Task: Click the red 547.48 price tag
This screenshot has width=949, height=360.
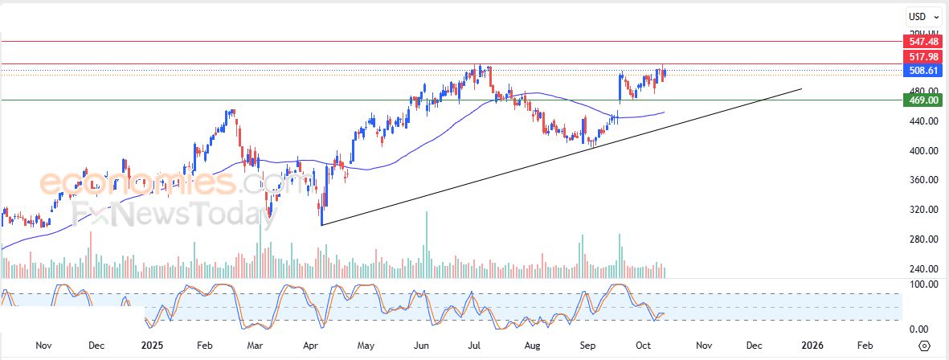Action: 919,40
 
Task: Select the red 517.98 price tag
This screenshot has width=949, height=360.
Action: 919,56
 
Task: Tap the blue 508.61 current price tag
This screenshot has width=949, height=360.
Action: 919,71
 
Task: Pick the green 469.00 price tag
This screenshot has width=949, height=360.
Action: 919,100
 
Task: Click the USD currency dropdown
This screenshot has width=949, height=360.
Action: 920,17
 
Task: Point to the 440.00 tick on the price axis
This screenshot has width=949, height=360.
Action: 919,121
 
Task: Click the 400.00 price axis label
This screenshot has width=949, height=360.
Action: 919,151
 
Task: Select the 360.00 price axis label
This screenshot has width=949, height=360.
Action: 919,180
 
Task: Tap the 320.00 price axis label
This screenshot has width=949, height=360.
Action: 919,210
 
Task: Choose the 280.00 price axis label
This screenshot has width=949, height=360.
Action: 919,239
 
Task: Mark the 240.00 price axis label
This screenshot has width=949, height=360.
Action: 919,269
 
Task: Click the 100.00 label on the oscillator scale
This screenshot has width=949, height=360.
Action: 919,284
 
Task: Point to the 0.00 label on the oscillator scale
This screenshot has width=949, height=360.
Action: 919,329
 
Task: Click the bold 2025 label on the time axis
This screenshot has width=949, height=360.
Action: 152,346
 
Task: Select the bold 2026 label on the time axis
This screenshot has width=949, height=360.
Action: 813,346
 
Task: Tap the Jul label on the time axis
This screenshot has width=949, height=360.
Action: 475,346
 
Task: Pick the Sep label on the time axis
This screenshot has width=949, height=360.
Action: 588,346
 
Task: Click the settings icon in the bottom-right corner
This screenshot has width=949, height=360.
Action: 925,346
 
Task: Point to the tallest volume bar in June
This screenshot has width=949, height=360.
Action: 427,245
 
